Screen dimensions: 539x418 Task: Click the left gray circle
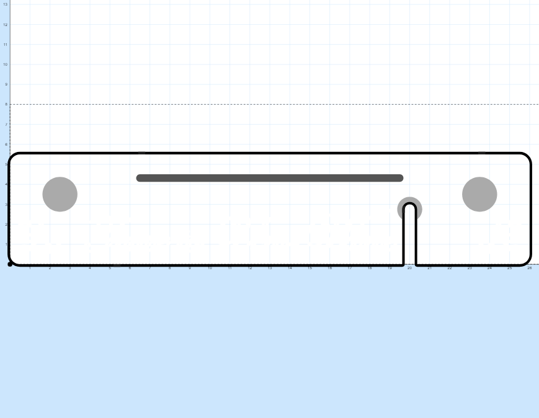click(x=60, y=194)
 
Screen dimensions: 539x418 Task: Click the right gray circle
click(x=479, y=194)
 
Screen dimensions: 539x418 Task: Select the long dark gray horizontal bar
click(x=270, y=178)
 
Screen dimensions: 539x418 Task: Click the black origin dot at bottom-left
click(x=10, y=264)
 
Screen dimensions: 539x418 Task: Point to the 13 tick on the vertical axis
click(x=6, y=4)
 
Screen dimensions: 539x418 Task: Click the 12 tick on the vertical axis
click(x=6, y=24)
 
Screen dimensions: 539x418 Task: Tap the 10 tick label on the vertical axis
click(x=6, y=64)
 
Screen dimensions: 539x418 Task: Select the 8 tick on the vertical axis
click(x=6, y=104)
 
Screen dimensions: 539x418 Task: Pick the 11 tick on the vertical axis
click(x=6, y=45)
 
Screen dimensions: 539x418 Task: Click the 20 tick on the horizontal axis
click(x=409, y=268)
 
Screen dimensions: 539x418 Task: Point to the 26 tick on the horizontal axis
click(x=529, y=268)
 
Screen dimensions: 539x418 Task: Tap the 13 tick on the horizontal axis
click(x=270, y=268)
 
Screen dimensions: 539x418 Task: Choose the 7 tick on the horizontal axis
click(x=149, y=268)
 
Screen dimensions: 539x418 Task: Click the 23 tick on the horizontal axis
click(x=470, y=268)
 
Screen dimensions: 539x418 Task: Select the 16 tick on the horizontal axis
click(x=329, y=268)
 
